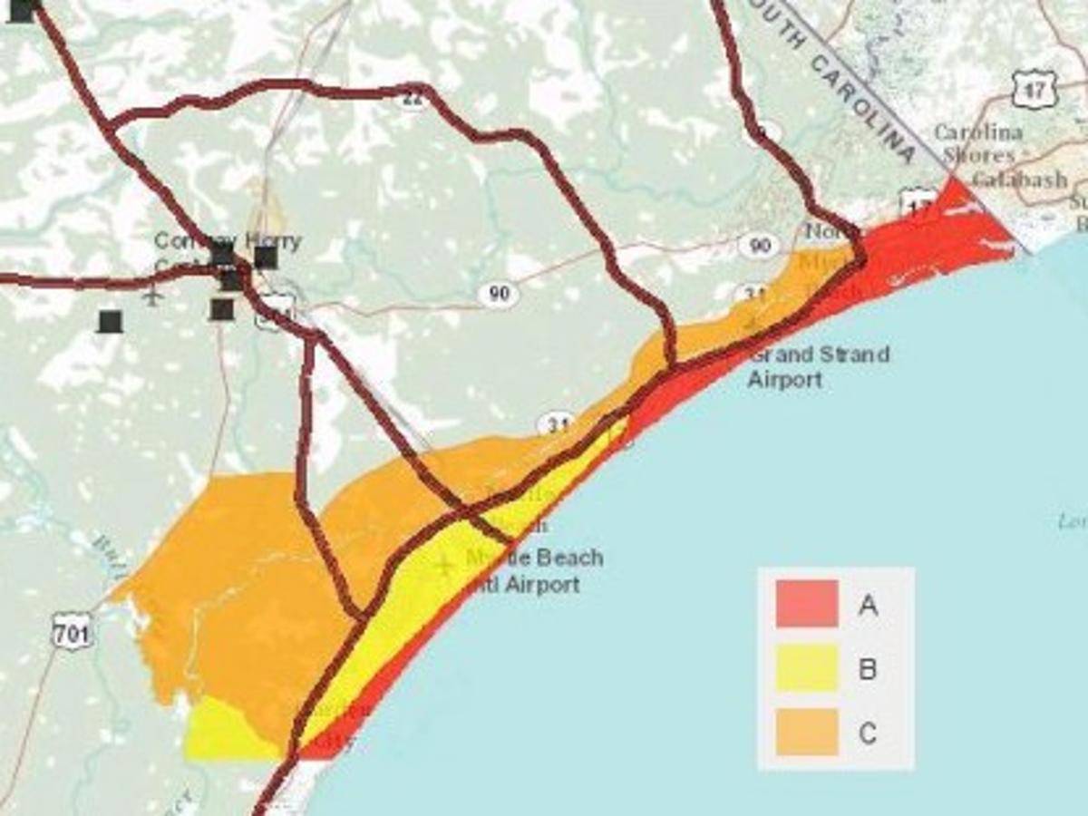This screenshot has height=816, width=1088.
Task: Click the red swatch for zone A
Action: tap(807, 604)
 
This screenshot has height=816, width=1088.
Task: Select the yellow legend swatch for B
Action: tap(807, 668)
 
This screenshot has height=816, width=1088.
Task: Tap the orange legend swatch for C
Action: tap(807, 732)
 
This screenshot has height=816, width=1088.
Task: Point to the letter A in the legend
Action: tap(868, 606)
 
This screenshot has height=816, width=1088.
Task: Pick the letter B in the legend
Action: tap(868, 670)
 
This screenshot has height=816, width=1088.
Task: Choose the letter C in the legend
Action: tap(868, 733)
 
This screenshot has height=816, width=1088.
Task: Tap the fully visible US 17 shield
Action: tap(1035, 88)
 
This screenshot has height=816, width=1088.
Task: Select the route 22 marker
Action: tap(413, 99)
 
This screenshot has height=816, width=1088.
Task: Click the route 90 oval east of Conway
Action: tap(498, 293)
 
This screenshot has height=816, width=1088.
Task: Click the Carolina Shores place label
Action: tap(977, 143)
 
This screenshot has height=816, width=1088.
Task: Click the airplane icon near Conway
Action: tap(152, 295)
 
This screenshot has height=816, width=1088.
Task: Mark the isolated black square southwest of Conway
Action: tap(111, 321)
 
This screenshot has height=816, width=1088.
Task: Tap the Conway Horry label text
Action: tap(228, 241)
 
